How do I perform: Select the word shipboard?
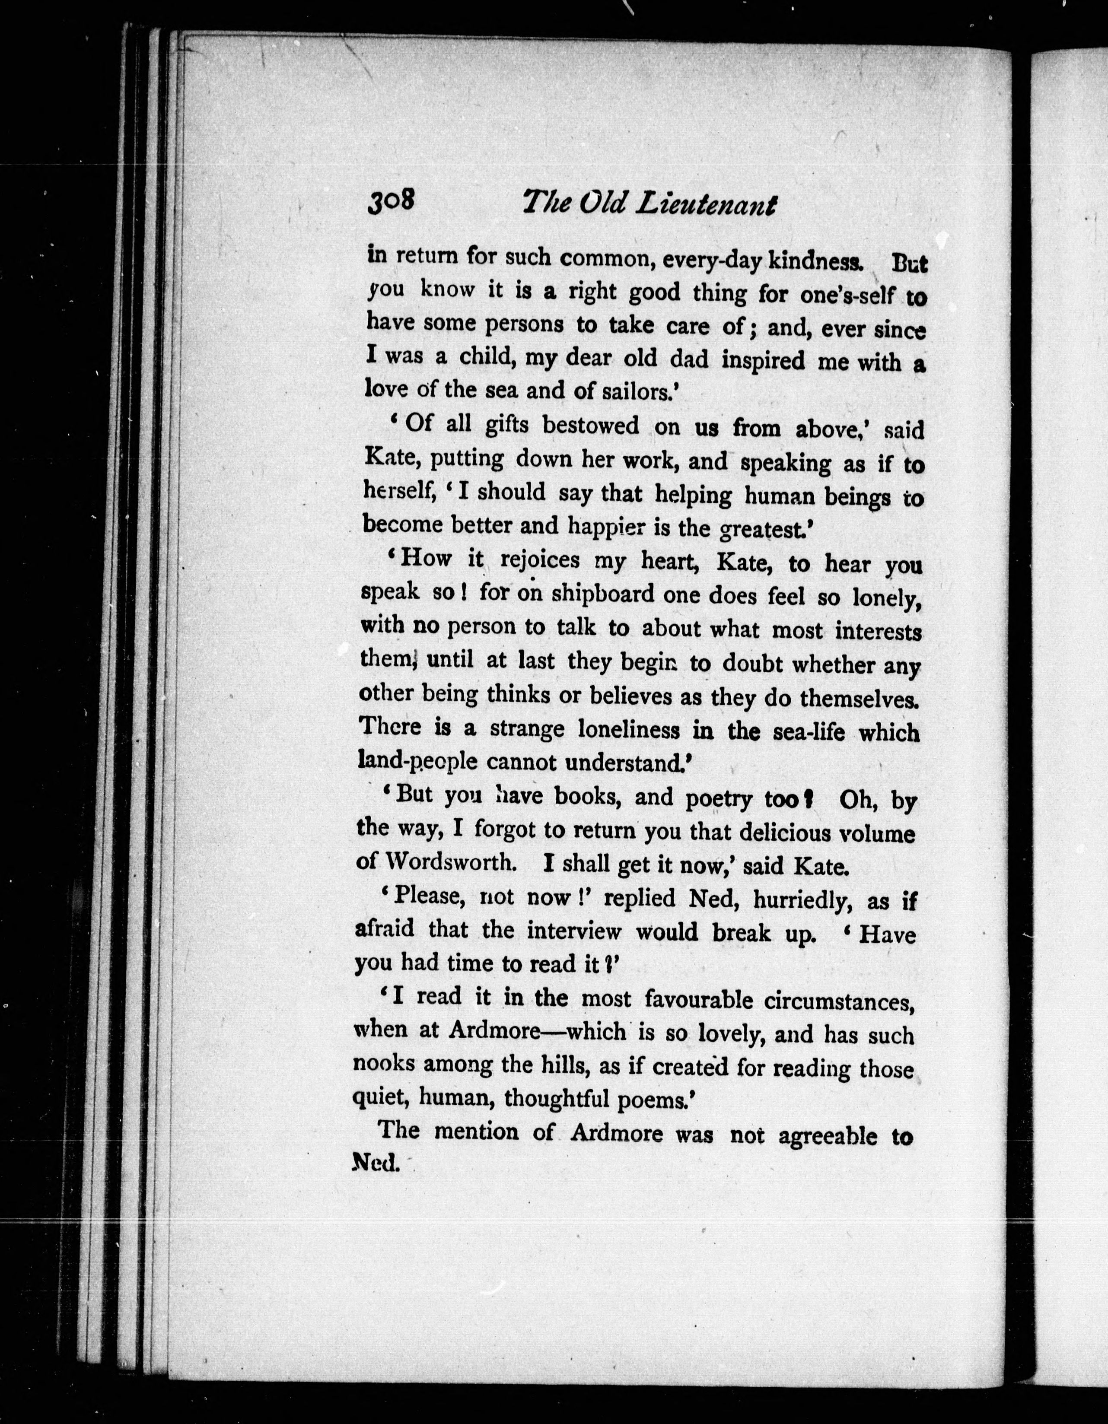602,594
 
